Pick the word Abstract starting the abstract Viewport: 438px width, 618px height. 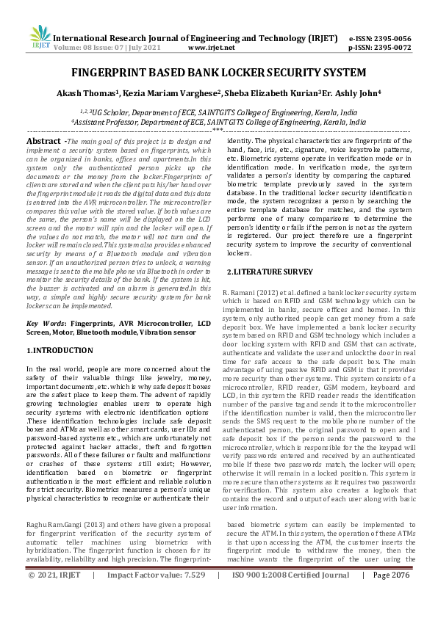point(43,139)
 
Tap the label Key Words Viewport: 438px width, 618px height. point(43,323)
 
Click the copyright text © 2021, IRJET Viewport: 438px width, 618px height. point(56,595)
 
